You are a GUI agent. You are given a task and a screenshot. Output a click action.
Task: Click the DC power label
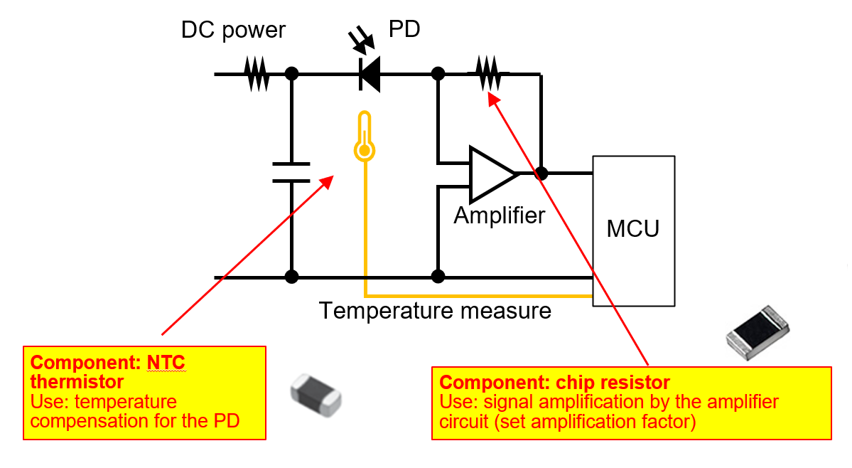pos(233,30)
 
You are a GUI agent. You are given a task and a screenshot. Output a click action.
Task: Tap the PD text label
pos(404,29)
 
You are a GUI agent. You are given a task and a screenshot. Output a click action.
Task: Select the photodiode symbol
pos(369,73)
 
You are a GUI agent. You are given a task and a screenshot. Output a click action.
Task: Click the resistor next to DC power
pos(257,73)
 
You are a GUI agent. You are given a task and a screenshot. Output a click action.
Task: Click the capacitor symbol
pos(291,172)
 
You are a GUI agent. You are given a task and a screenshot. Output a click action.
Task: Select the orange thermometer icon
pos(365,137)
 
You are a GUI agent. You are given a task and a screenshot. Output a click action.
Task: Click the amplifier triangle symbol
pos(490,174)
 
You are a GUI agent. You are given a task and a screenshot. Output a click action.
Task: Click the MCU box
pos(633,230)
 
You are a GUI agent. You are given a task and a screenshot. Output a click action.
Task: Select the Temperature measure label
pos(435,311)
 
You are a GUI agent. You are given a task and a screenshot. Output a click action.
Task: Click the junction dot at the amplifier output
pos(541,173)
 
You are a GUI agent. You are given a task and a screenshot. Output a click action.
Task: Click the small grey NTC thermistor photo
pos(316,393)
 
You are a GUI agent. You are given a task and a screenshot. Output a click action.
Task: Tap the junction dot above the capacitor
pos(291,73)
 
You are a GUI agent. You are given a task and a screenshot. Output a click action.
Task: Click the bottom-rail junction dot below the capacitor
pos(291,276)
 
